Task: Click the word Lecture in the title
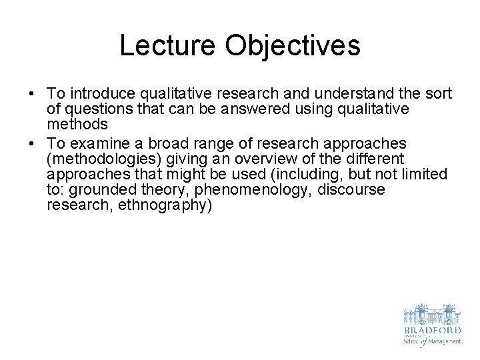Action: pos(168,45)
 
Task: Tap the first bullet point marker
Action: pos(33,93)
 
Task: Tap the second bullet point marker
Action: pos(33,144)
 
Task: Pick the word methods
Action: pos(77,124)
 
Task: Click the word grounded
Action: pos(103,190)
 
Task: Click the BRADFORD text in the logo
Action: pos(431,329)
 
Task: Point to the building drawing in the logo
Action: pos(431,313)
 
